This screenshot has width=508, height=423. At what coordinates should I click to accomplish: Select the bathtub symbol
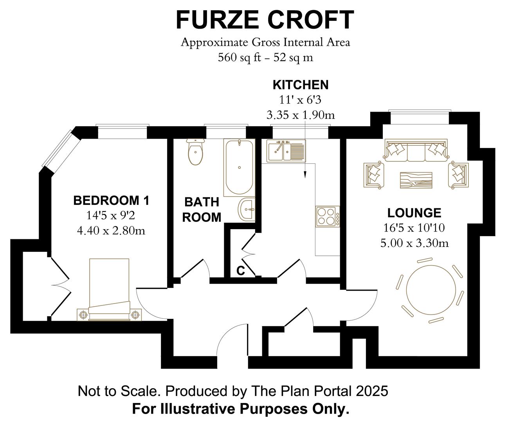point(239,167)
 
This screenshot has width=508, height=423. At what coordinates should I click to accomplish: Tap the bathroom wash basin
point(246,209)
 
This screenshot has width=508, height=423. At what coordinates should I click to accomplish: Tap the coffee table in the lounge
point(416,181)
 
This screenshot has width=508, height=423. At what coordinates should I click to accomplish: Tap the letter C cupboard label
point(241,270)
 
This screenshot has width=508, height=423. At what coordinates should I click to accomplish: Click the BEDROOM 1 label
point(111,201)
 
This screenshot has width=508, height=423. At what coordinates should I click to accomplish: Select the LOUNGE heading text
point(414,213)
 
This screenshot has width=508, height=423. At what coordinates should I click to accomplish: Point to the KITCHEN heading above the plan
point(300,85)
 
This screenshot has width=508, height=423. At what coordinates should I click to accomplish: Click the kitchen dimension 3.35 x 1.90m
point(300,115)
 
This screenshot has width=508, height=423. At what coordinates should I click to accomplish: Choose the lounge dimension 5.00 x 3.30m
point(414,243)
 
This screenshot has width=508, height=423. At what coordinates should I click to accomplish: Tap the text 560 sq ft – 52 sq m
point(265,58)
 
